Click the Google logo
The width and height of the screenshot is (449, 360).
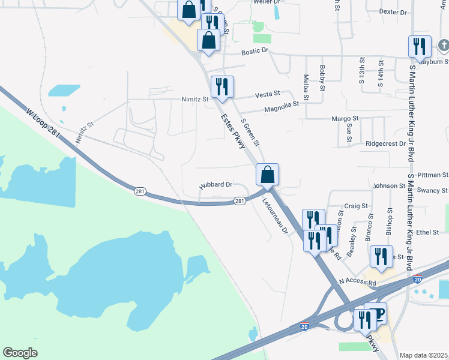click(20, 353)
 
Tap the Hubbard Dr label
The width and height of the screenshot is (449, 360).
click(215, 185)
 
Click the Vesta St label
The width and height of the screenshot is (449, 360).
click(268, 94)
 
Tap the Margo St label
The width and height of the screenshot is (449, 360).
click(345, 119)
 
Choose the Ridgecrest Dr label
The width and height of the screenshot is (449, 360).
click(386, 144)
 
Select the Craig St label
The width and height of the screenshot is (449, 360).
click(357, 206)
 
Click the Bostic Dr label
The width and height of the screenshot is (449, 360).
click(254, 52)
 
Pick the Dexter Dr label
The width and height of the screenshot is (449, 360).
click(393, 12)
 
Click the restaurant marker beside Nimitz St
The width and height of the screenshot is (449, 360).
click(222, 87)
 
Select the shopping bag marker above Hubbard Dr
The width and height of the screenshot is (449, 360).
click(268, 175)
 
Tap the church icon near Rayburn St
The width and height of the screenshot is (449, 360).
click(443, 46)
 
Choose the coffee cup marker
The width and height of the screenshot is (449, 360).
click(376, 313)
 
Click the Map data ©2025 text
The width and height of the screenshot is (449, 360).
click(424, 355)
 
